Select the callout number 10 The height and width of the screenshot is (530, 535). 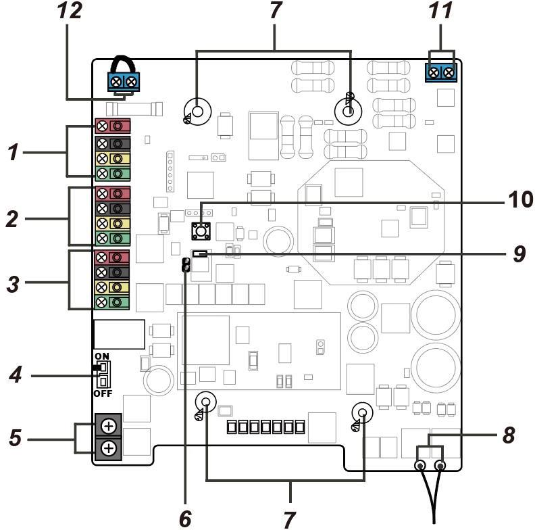[x=520, y=199]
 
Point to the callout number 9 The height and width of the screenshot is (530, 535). [x=519, y=254]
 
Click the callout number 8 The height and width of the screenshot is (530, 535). [x=509, y=435]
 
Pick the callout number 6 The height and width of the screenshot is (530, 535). [x=185, y=519]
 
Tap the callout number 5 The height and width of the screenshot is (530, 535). [x=15, y=437]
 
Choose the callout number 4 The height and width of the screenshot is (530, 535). [x=16, y=375]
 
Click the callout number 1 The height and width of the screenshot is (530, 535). [x=13, y=152]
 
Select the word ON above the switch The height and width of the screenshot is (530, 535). [x=102, y=356]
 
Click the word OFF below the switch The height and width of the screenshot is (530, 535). [x=103, y=393]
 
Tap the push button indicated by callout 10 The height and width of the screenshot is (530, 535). [x=201, y=231]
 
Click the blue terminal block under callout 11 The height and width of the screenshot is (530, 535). [x=441, y=72]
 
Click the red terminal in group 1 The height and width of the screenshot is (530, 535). [x=113, y=126]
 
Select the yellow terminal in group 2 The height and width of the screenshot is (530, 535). [x=113, y=223]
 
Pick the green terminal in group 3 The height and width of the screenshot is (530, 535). [x=112, y=302]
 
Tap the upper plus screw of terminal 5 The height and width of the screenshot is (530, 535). [x=109, y=426]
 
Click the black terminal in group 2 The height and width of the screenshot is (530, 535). [x=113, y=208]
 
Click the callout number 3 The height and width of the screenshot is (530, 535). [x=13, y=284]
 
